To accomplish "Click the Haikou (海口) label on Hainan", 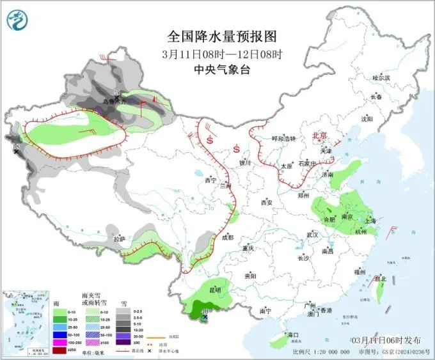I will (294, 334).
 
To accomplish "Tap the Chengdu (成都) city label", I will (227, 237).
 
